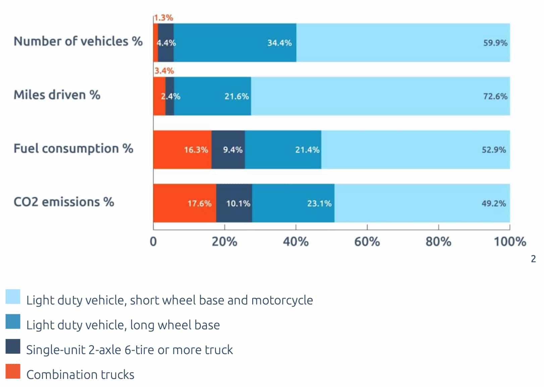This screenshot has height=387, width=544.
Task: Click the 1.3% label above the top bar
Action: [163, 17]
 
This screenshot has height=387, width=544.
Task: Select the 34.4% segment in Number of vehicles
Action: [235, 43]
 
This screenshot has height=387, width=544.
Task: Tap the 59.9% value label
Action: [495, 43]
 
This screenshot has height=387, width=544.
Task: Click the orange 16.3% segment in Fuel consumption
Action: [182, 150]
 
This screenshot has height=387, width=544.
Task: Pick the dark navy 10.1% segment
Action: [234, 203]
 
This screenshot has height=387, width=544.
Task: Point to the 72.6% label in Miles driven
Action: [495, 96]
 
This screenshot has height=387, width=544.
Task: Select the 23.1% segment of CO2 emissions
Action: [293, 203]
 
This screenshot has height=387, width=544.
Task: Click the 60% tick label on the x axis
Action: [367, 241]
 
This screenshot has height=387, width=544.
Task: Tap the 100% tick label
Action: [509, 241]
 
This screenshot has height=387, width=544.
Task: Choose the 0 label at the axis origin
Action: [153, 241]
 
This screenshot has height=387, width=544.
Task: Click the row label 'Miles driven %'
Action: [57, 95]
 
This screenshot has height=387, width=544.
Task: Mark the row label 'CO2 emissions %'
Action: [64, 202]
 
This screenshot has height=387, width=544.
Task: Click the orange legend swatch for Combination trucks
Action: [13, 371]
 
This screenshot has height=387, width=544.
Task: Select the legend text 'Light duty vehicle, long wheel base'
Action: [123, 325]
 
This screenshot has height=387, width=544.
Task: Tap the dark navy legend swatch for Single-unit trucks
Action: [13, 346]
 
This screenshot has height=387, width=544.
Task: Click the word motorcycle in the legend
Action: [282, 300]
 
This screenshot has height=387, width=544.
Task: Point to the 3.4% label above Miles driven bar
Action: [164, 71]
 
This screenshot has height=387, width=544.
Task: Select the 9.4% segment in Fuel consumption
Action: [228, 150]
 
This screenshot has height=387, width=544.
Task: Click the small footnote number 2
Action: [533, 259]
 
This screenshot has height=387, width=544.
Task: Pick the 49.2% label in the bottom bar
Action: [493, 203]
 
